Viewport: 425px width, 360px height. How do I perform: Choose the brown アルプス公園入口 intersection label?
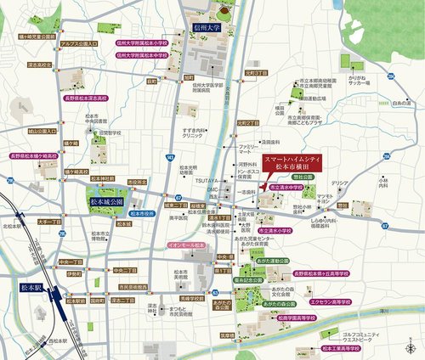tap(78, 41)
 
